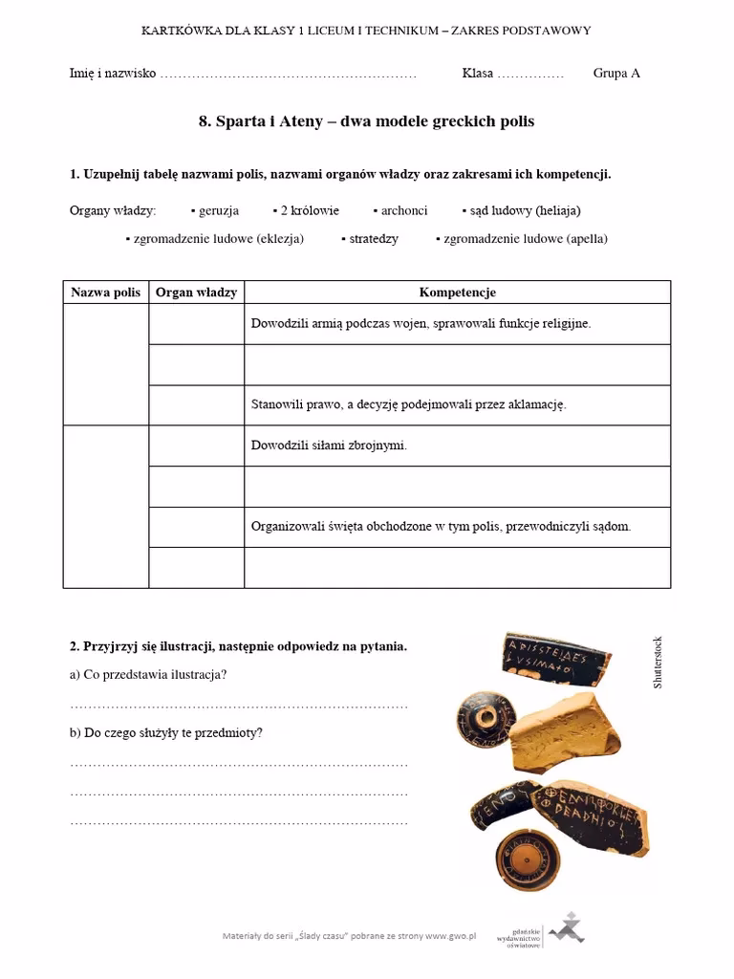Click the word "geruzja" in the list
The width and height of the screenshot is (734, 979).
click(x=219, y=210)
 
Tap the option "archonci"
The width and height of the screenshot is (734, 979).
click(x=404, y=210)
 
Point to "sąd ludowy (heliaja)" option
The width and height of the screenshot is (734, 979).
click(x=525, y=210)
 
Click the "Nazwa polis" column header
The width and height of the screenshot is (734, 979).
click(x=106, y=293)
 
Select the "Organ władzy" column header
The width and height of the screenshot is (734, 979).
click(x=196, y=293)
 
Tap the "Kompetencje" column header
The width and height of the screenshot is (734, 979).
click(x=457, y=293)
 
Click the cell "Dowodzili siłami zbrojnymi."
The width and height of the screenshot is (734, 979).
click(x=329, y=446)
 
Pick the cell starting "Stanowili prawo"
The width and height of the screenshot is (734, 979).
click(x=408, y=404)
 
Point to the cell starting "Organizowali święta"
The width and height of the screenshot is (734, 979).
click(x=441, y=527)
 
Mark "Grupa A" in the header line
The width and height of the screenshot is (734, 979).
click(x=616, y=74)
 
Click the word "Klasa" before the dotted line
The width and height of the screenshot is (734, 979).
click(x=478, y=74)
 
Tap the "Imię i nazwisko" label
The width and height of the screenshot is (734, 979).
click(x=113, y=74)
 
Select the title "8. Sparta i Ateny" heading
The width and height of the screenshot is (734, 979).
click(x=366, y=121)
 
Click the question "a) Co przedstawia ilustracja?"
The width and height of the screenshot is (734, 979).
click(x=148, y=675)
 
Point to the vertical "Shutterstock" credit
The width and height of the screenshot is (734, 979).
click(x=658, y=663)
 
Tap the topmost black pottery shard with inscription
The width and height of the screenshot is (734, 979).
click(x=554, y=660)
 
